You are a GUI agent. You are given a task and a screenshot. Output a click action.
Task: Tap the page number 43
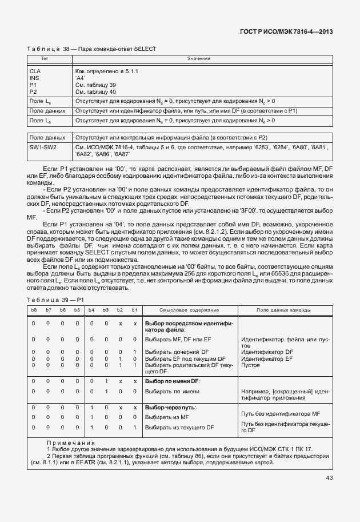pos(329,478)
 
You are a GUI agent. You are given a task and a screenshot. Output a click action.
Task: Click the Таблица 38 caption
pos(91,49)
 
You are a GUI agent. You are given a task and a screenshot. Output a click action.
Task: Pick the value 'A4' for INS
pos(81,78)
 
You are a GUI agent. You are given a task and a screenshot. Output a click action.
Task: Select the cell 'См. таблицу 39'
pos(95,85)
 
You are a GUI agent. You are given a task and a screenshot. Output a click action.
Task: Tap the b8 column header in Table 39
pos(34,310)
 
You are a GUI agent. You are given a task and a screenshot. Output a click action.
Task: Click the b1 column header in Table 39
pos(135,310)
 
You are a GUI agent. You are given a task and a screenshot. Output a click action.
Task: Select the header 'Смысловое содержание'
pos(189,310)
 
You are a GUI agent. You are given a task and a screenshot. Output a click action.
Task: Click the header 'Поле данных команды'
pos(283,310)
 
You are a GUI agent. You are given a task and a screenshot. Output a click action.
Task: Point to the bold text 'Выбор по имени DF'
pos(172,380)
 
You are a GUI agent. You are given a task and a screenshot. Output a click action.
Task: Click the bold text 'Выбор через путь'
pos(171,407)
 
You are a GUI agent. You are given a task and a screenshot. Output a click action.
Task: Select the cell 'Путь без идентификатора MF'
pos(280,413)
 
